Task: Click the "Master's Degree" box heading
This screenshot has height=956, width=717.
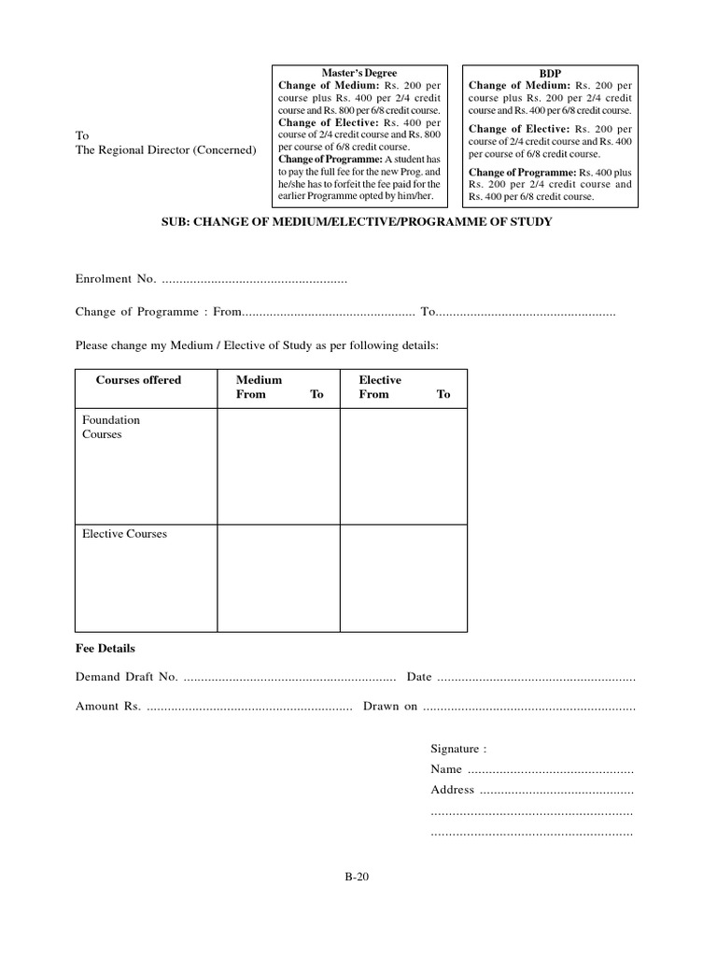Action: tap(358, 73)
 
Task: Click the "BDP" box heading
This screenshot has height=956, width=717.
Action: tap(550, 73)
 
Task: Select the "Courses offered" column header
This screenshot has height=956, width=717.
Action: tap(138, 381)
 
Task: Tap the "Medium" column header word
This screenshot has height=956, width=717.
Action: tap(259, 381)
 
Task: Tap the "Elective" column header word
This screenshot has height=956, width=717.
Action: tap(380, 381)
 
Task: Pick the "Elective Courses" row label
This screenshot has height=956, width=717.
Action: tap(124, 534)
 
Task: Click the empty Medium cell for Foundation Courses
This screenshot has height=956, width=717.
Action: tap(278, 466)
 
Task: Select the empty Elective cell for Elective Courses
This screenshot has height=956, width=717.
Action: tap(403, 577)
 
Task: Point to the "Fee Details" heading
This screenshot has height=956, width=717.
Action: tap(105, 648)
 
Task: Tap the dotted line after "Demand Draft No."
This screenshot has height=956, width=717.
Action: tap(289, 678)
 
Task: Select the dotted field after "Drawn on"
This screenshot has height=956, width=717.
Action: tap(529, 708)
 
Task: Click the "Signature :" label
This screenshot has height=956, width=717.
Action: tap(457, 749)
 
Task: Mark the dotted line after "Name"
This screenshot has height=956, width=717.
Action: tap(550, 770)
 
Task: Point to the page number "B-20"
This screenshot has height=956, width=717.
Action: tap(358, 877)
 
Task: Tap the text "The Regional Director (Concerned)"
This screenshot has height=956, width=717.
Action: tap(165, 150)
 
